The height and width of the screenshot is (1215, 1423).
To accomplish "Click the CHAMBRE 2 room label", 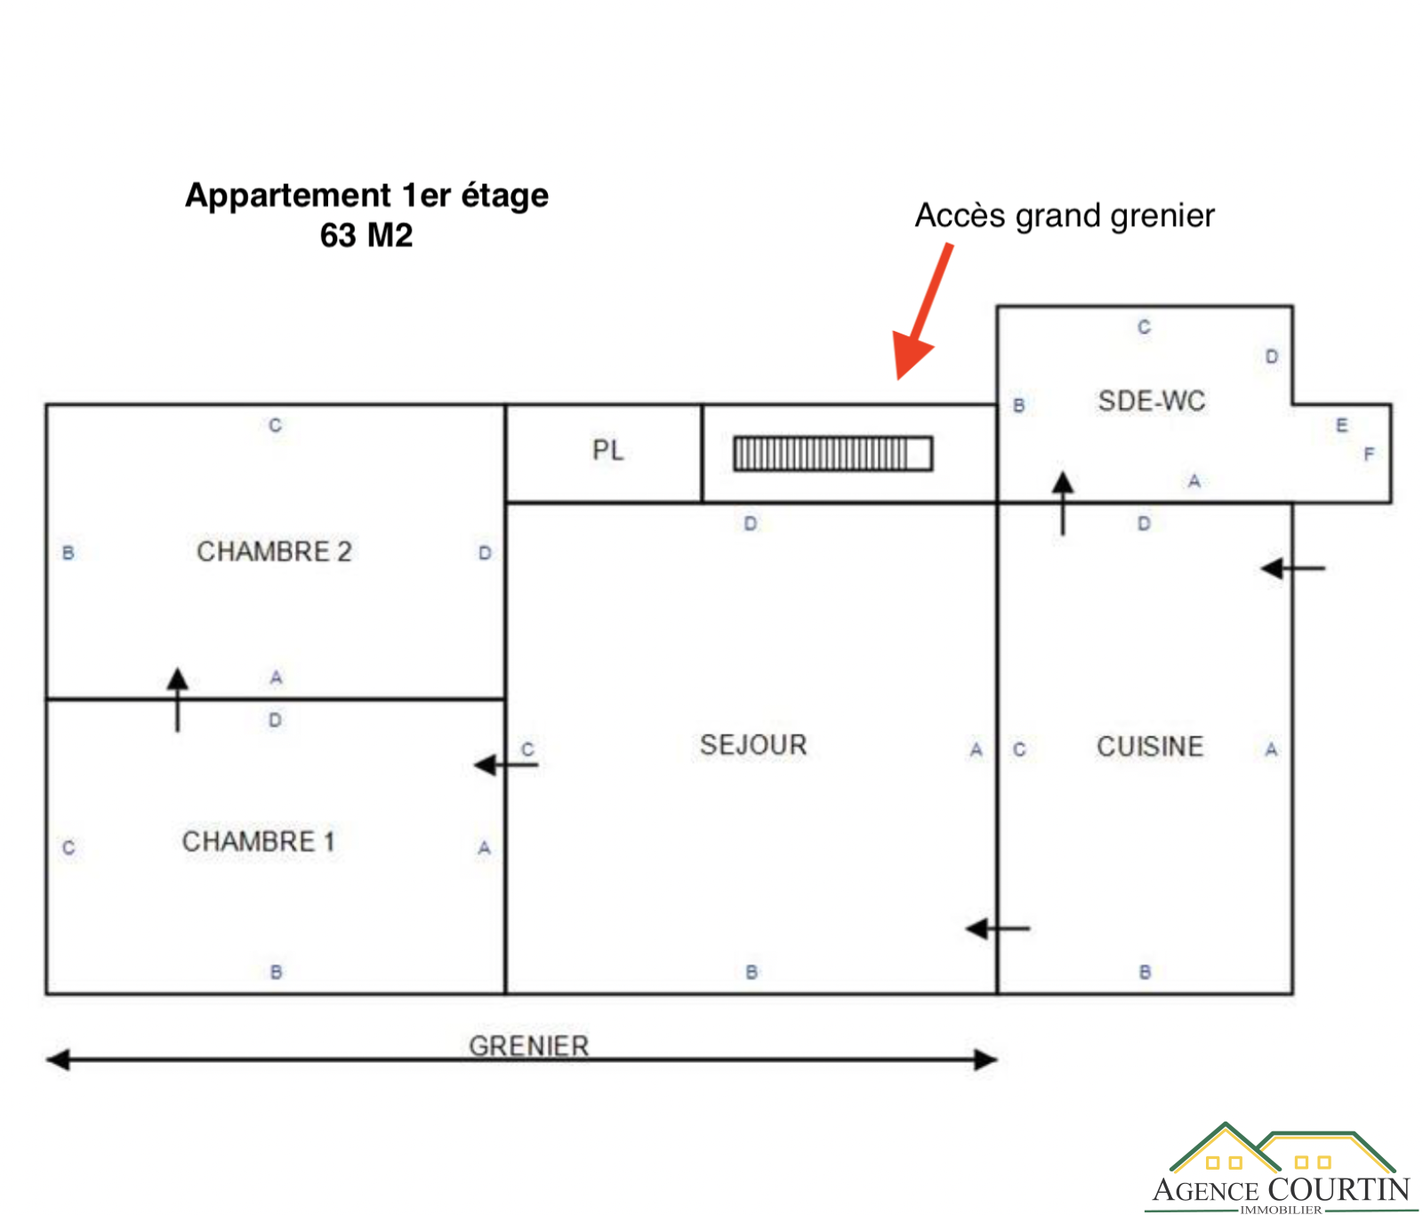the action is [274, 551].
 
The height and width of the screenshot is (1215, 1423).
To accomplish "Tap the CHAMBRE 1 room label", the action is [258, 841].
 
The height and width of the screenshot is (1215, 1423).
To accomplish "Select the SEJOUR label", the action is [753, 744].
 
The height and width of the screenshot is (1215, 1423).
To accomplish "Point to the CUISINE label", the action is [1149, 746].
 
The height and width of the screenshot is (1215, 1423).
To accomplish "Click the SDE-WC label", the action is [1152, 401].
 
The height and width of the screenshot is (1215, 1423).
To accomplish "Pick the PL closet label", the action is [608, 451].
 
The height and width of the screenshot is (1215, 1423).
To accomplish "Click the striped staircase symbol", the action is [832, 454].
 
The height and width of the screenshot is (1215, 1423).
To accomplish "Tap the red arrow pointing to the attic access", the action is [922, 311].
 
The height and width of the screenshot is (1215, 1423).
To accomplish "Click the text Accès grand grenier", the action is [1065, 216].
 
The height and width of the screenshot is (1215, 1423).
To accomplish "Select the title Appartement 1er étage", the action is [366, 196].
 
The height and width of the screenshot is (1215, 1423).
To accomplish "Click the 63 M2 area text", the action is [366, 236].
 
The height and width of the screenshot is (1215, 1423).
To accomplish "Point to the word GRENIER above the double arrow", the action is [529, 1045].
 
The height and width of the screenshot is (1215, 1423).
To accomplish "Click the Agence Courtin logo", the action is [1282, 1168].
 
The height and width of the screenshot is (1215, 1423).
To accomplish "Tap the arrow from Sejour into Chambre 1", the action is [505, 765].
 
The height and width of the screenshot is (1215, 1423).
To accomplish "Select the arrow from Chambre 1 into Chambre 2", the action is [178, 699].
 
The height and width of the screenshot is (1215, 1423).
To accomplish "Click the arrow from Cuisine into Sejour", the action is [998, 929].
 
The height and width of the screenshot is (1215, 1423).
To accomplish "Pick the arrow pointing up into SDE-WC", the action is [1063, 503].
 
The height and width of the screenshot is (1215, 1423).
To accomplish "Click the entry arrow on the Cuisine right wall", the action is [1293, 567].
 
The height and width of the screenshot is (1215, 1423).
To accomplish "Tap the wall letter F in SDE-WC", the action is [1369, 455].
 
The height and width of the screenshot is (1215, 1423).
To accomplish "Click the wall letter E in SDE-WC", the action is [1342, 425].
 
